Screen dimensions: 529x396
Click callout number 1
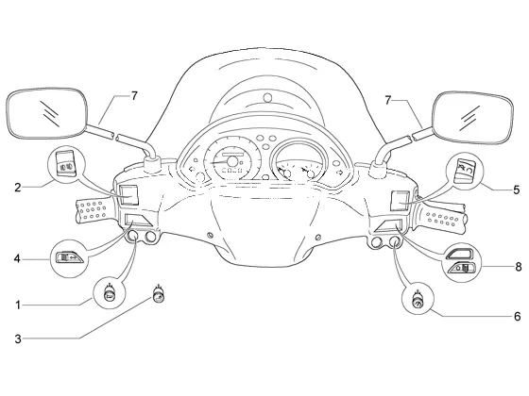(x=18, y=305)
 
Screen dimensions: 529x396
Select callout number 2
(x=18, y=188)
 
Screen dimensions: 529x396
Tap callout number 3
(x=18, y=338)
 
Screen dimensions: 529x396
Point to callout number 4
(x=17, y=259)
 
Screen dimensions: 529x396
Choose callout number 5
(x=517, y=190)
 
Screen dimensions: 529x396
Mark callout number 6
(x=518, y=317)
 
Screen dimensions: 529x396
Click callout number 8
(x=519, y=267)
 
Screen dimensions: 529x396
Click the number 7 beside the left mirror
(x=134, y=96)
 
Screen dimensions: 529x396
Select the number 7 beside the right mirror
(x=388, y=100)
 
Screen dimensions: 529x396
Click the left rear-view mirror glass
(x=47, y=113)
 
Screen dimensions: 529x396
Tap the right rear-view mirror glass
(x=472, y=117)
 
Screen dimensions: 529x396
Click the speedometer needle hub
(x=232, y=161)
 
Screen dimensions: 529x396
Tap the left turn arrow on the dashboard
(x=193, y=169)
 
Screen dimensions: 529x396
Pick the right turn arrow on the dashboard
(x=340, y=172)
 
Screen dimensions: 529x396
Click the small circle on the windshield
(x=267, y=98)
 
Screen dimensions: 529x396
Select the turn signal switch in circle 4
(x=70, y=258)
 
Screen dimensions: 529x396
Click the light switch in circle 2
(x=65, y=163)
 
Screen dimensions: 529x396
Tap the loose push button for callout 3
(x=159, y=295)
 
